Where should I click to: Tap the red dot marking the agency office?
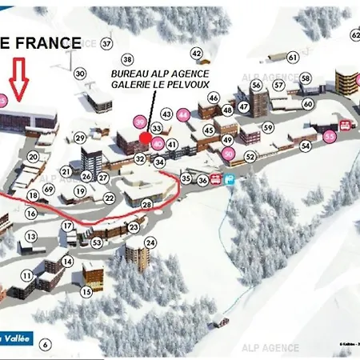(145, 138)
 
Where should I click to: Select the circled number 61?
(293, 57)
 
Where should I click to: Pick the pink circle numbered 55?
(330, 137)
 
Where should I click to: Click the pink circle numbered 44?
(184, 114)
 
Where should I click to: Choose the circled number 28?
(147, 205)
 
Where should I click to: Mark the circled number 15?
(86, 292)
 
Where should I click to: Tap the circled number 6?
(46, 345)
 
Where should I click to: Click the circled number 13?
(31, 237)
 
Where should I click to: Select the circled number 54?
(305, 146)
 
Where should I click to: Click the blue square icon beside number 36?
(229, 180)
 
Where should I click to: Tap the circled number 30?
(80, 74)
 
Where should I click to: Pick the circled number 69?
(50, 189)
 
